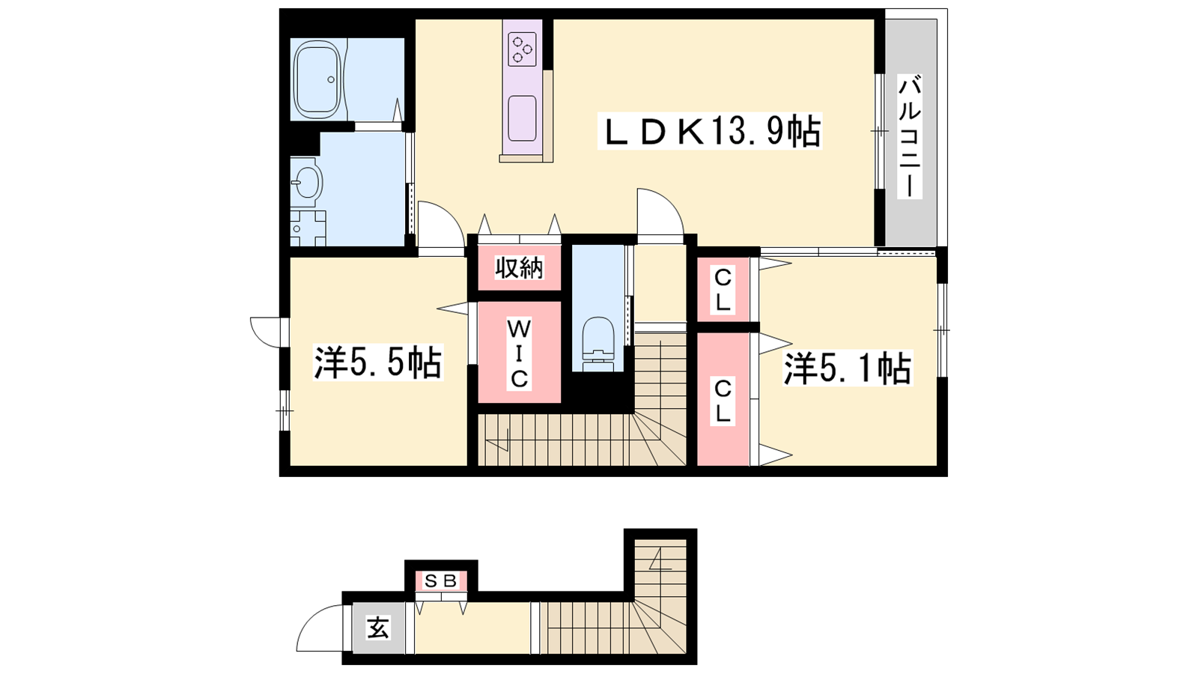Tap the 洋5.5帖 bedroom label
coord(377,363)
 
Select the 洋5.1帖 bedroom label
coord(848,368)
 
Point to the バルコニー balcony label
coord(909,138)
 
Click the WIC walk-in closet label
coord(519,353)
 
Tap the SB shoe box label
coord(441,580)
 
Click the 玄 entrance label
coord(378,628)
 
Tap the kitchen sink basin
coord(522,118)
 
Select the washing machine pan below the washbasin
coord(308,228)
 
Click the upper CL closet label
coord(723,291)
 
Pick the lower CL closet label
coord(723,401)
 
